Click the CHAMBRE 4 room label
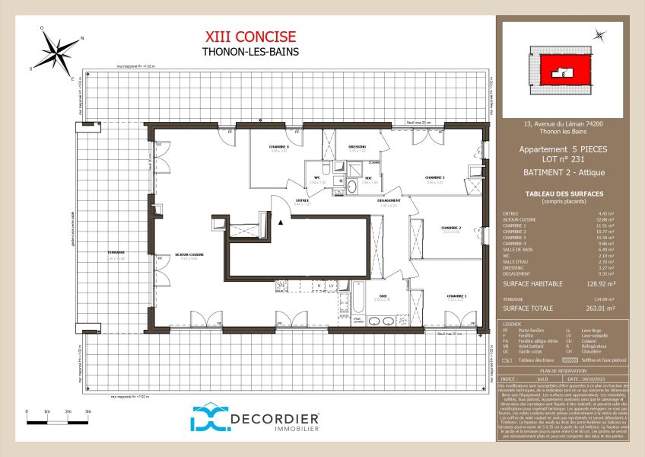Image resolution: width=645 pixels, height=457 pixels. click(279, 147)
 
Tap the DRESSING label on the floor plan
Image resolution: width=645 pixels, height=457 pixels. click(357, 147)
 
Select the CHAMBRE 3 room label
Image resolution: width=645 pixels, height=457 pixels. click(435, 178)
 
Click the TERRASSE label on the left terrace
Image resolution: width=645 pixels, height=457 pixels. click(116, 253)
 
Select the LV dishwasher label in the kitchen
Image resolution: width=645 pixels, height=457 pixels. click(332, 286)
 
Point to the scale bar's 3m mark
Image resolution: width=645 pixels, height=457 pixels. click(87, 411)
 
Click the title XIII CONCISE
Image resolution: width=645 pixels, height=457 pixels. click(250, 37)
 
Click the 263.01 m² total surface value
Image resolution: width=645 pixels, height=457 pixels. click(600, 309)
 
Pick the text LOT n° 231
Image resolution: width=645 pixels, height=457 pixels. click(564, 159)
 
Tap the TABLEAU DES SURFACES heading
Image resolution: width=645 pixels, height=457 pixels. click(564, 194)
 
